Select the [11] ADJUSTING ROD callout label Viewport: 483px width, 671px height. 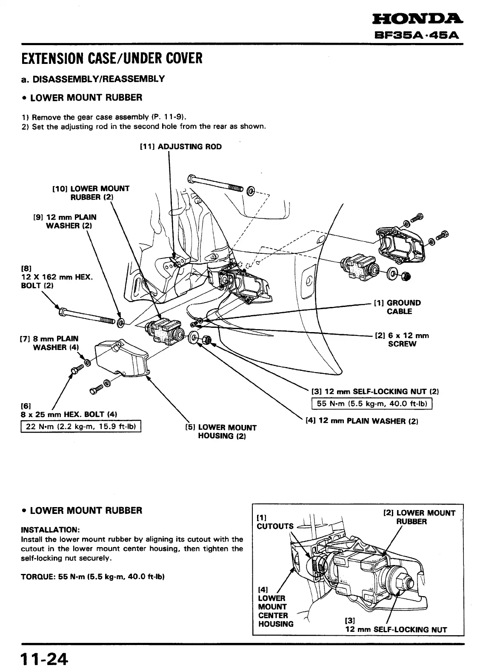click(x=181, y=147)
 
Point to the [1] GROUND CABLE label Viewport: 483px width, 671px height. click(x=397, y=307)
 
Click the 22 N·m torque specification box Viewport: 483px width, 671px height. click(x=81, y=426)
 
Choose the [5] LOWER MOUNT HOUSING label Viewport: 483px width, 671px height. click(x=220, y=432)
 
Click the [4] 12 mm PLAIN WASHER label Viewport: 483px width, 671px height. click(x=362, y=421)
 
